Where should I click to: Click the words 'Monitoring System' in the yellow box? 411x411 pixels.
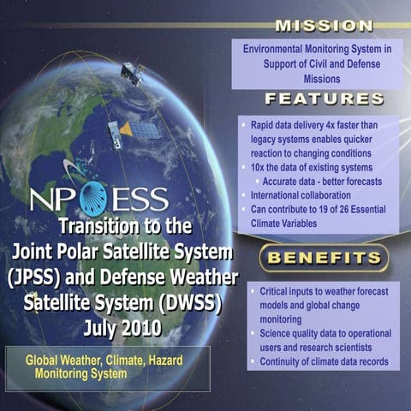pyautogui.click(x=81, y=374)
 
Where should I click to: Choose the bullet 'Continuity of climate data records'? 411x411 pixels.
pyautogui.click(x=323, y=361)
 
